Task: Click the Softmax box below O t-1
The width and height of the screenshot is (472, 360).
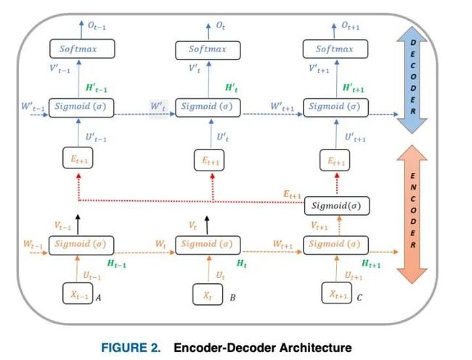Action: pyautogui.click(x=82, y=49)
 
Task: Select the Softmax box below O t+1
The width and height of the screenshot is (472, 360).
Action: pyautogui.click(x=335, y=49)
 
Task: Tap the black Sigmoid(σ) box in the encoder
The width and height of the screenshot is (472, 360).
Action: pyautogui.click(x=336, y=206)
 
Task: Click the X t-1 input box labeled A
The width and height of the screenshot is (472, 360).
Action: pyautogui.click(x=78, y=293)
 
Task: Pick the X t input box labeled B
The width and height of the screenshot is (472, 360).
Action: pyautogui.click(x=208, y=294)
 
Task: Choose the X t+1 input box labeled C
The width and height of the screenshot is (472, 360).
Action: pyautogui.click(x=336, y=292)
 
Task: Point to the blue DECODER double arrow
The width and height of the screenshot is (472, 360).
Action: pyautogui.click(x=412, y=80)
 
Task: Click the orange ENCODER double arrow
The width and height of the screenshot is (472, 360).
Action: pyautogui.click(x=412, y=214)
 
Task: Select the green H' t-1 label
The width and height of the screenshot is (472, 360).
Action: pyautogui.click(x=97, y=88)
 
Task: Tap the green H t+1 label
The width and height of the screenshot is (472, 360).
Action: pyautogui.click(x=371, y=263)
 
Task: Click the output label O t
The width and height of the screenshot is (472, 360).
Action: pyautogui.click(x=220, y=26)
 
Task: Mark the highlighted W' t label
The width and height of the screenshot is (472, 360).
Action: pyautogui.click(x=158, y=107)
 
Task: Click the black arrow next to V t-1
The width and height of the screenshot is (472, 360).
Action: pyautogui.click(x=78, y=224)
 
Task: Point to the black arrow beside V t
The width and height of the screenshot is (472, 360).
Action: pyautogui.click(x=207, y=225)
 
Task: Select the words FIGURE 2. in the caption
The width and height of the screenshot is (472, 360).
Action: pyautogui.click(x=131, y=348)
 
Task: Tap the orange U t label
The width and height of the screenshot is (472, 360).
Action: pyautogui.click(x=220, y=275)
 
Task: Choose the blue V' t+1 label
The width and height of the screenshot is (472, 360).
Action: pyautogui.click(x=319, y=69)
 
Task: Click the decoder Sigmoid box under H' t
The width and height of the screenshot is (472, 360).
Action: pyautogui.click(x=208, y=107)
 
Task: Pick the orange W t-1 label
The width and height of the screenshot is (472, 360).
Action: pyautogui.click(x=33, y=244)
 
